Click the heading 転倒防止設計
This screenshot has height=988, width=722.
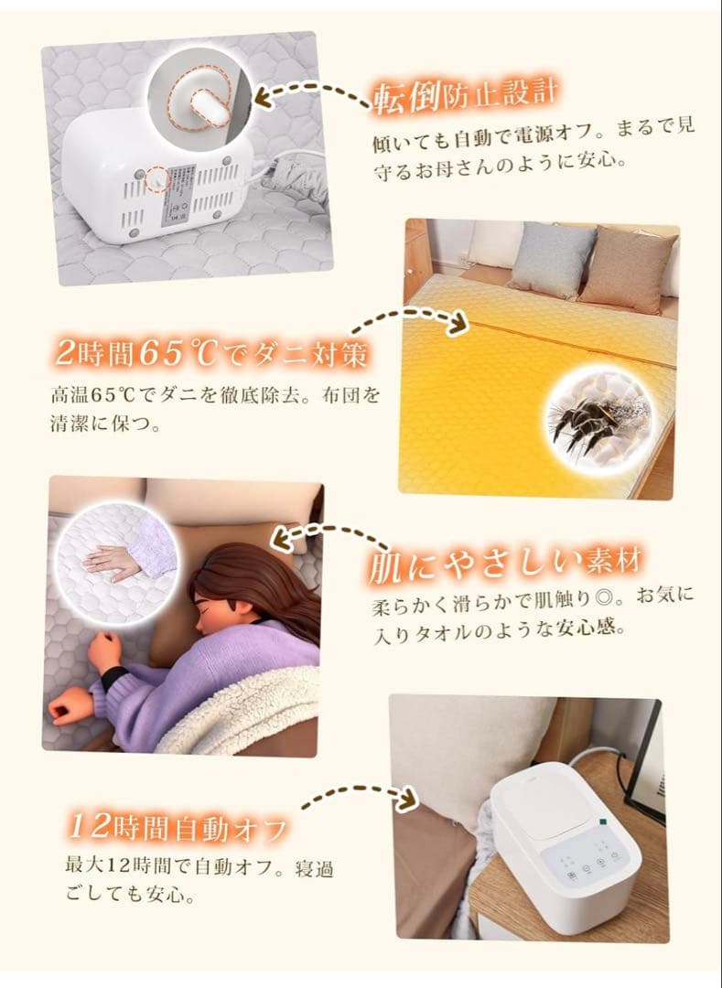pyautogui.click(x=465, y=95)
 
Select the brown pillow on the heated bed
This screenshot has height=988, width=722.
pyautogui.click(x=628, y=267)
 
